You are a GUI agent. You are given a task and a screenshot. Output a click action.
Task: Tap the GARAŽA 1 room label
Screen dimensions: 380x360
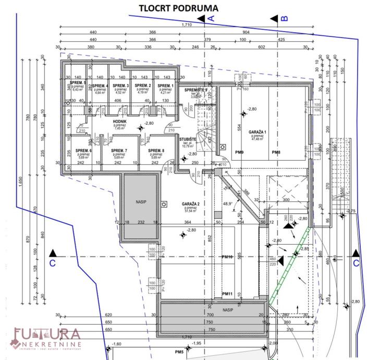[x=258, y=132]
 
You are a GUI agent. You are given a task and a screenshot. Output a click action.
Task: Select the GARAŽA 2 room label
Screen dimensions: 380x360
[x=189, y=203]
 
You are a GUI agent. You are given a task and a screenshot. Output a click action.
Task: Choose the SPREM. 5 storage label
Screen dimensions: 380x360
[x=78, y=83]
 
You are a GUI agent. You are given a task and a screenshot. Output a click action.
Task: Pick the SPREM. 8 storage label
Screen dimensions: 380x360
[x=156, y=151]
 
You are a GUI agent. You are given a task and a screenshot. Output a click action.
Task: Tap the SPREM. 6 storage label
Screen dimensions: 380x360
[x=84, y=151]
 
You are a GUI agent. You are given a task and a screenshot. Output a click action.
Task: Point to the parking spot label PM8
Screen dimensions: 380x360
[x=276, y=152]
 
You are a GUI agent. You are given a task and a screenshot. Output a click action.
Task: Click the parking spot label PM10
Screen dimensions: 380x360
[x=227, y=257]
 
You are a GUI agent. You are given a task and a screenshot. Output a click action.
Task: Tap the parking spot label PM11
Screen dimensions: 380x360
[x=227, y=294]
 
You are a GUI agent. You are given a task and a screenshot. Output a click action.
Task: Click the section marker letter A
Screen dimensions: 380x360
[x=211, y=18]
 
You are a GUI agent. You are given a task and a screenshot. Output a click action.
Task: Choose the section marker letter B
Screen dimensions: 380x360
[x=285, y=18]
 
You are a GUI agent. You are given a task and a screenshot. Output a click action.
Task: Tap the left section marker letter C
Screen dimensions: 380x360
[x=52, y=263]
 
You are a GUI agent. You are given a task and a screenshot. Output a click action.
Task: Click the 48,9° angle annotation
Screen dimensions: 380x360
[x=228, y=204]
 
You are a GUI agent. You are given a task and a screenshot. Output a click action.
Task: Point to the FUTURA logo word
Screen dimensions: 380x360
[x=47, y=334]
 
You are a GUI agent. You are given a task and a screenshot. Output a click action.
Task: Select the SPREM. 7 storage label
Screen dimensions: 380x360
[x=119, y=151]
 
